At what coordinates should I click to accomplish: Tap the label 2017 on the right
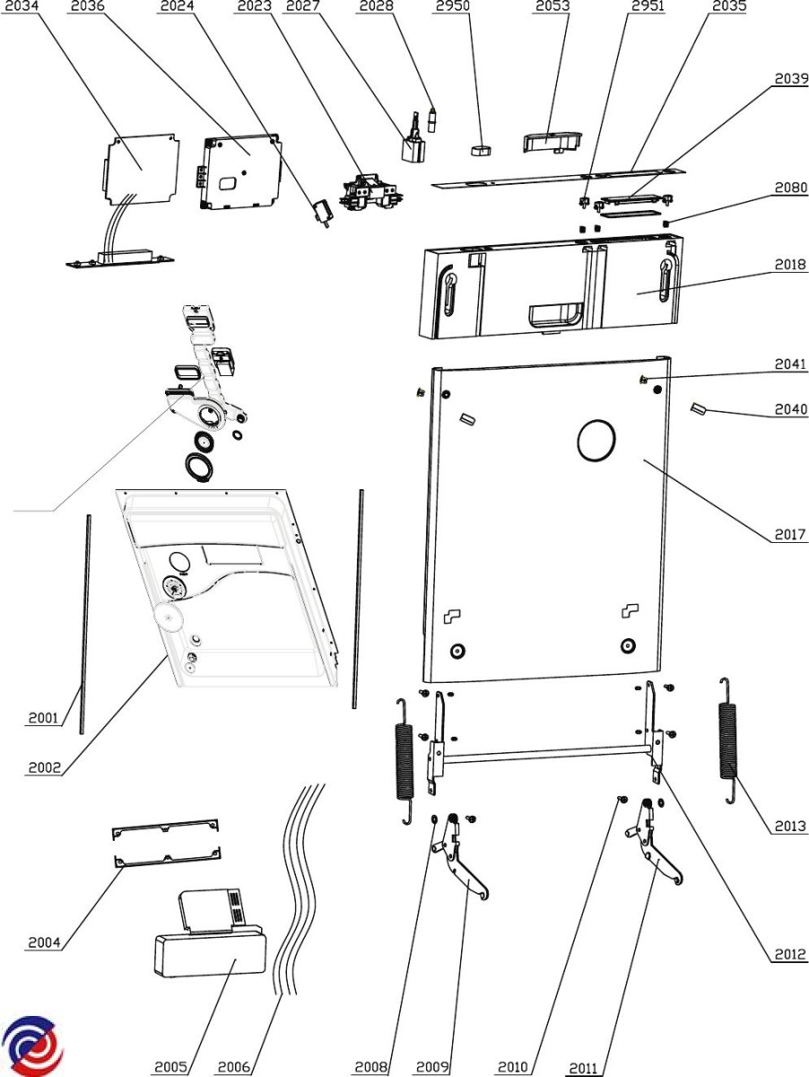(790, 536)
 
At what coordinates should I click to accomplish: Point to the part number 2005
(170, 1066)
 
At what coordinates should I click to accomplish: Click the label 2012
(790, 954)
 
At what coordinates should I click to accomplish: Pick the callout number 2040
(790, 410)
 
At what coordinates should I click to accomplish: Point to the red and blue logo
(32, 1046)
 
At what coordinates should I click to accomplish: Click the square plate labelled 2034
(140, 165)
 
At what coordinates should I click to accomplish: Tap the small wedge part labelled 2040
(700, 410)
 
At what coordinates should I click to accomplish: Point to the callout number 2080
(790, 188)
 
